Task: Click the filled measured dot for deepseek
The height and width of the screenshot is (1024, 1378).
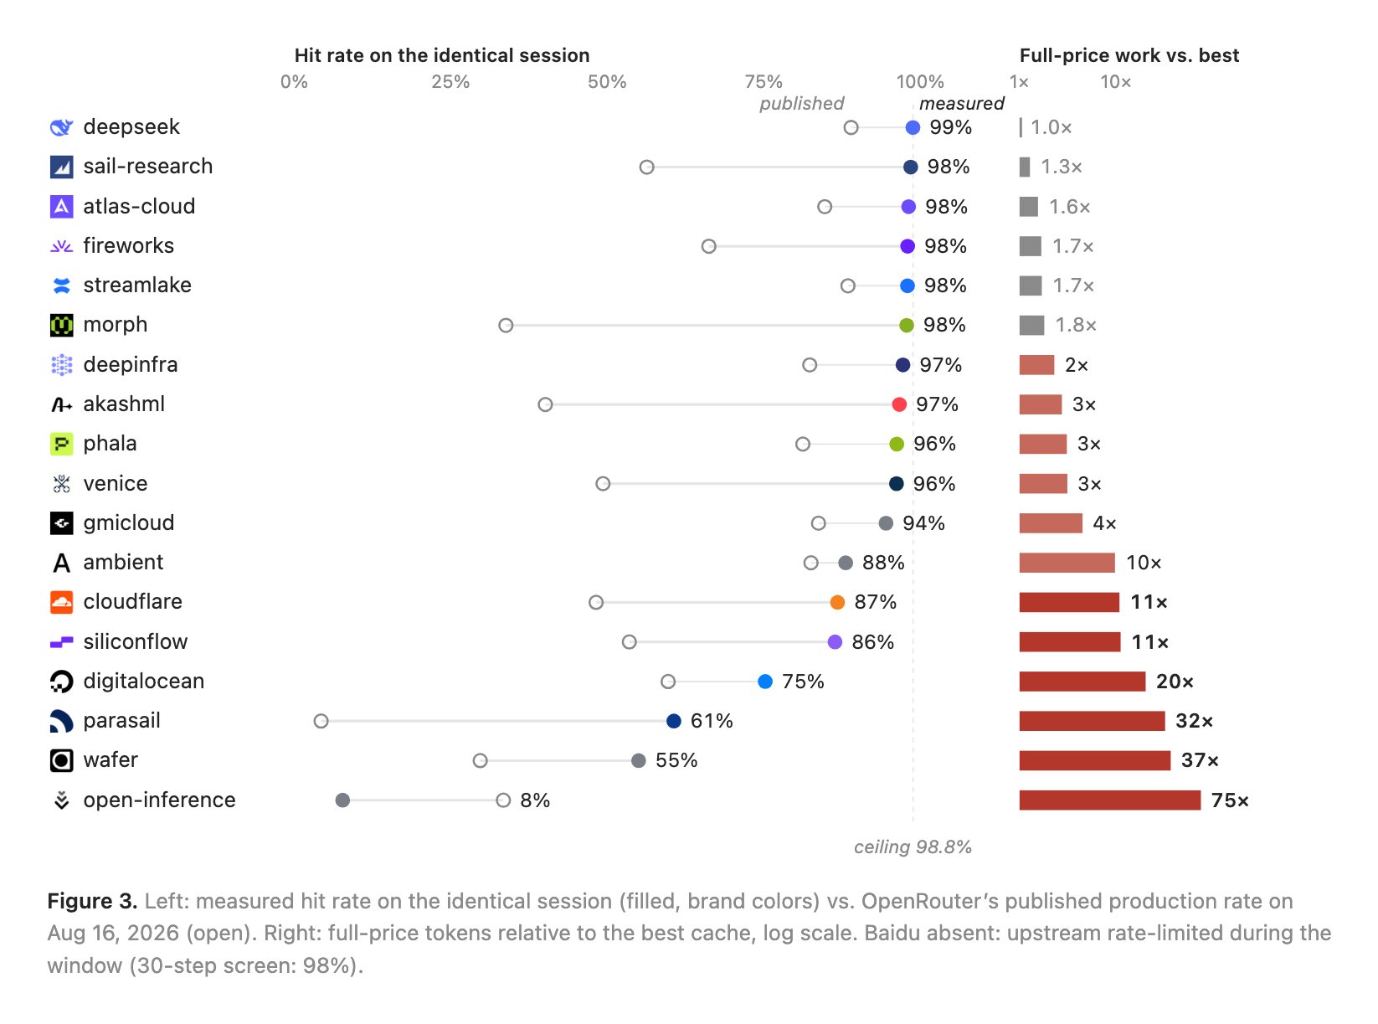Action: pos(912,127)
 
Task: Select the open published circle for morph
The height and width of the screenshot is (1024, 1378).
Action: pos(506,325)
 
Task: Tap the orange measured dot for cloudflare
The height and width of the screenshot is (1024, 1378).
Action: pos(837,602)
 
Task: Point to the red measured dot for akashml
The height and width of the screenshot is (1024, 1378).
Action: pos(898,404)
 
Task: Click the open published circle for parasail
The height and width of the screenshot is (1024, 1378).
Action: pos(321,721)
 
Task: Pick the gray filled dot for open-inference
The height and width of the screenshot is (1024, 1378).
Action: pos(342,800)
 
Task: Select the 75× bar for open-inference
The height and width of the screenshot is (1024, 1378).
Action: pos(1109,800)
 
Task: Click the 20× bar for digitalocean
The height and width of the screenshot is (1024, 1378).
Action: pos(1082,681)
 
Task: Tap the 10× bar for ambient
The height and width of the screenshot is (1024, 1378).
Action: pos(1067,563)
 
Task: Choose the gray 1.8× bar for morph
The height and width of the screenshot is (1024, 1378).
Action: pos(1031,325)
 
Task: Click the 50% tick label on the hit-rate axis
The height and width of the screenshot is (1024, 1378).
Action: pos(607,82)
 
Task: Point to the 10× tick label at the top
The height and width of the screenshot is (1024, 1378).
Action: pos(1115,82)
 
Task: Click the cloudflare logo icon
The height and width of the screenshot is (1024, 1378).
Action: pos(61,601)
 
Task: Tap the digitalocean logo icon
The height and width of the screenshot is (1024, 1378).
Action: pos(61,681)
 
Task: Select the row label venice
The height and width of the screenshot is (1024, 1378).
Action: pos(116,483)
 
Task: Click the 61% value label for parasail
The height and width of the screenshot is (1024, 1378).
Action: pos(712,721)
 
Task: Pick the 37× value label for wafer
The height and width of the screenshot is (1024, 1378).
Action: pos(1199,760)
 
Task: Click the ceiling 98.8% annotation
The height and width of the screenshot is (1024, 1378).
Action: pos(912,846)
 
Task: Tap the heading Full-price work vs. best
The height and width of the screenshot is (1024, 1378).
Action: pos(1129,55)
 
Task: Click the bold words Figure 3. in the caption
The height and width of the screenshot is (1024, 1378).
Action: pos(92,901)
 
